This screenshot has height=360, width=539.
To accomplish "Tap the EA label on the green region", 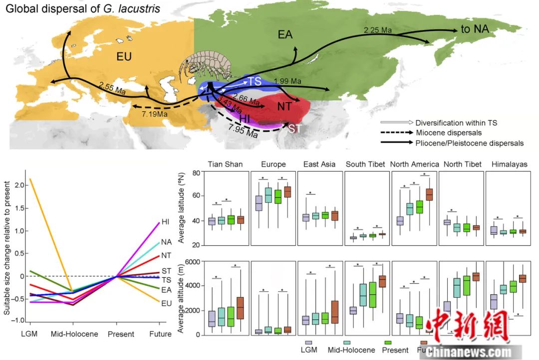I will tap(285, 34).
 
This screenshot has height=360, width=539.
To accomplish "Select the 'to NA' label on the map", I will tap(474, 29).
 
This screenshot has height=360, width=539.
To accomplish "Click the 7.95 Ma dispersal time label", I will tap(243, 131).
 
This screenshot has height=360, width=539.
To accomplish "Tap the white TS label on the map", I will tap(255, 80).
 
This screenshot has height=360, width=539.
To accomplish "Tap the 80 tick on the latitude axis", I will tap(195, 173).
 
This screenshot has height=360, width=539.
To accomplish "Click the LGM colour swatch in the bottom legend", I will tap(309, 343).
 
